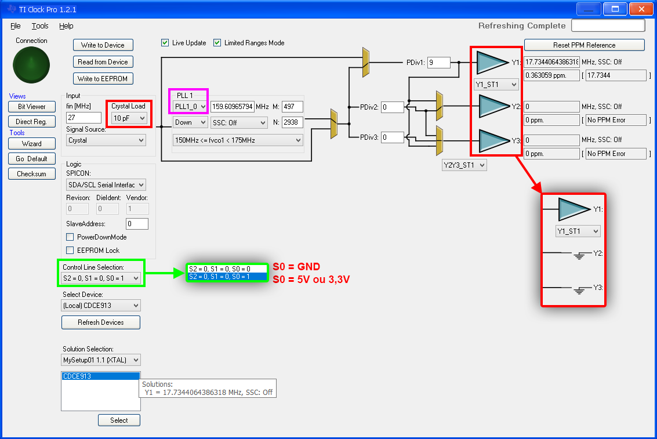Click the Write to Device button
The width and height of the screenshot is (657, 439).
[x=103, y=45]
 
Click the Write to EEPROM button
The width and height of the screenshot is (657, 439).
[x=103, y=78]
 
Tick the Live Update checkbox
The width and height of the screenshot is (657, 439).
[x=165, y=43]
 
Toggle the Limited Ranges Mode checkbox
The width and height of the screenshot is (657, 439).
[x=217, y=43]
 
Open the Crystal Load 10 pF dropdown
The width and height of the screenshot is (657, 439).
[x=129, y=118]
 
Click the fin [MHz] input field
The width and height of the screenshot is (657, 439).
[x=84, y=118]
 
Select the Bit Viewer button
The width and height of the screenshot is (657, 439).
[x=32, y=107]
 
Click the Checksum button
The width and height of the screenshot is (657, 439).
[x=32, y=174]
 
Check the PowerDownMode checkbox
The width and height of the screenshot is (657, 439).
[x=70, y=237]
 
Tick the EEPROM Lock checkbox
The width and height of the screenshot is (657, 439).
[x=70, y=251]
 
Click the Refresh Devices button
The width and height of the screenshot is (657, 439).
[x=101, y=322]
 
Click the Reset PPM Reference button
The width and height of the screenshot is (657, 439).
[x=584, y=45]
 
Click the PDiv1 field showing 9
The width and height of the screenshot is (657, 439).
[x=439, y=63]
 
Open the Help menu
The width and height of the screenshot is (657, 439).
[x=66, y=26]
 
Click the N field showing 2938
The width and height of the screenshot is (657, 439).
[x=292, y=122]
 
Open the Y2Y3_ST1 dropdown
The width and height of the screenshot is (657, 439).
[x=464, y=165]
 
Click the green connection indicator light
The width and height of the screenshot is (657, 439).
[x=31, y=65]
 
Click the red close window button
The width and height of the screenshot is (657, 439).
[x=641, y=9]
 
